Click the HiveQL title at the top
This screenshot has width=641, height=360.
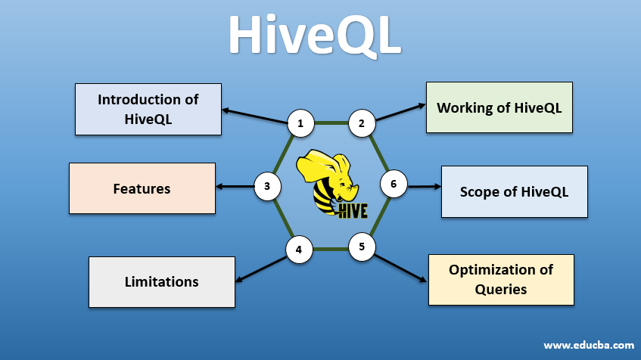click(315, 36)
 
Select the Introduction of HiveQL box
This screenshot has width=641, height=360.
click(148, 109)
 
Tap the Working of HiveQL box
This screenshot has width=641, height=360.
click(499, 107)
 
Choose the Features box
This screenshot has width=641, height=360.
click(142, 188)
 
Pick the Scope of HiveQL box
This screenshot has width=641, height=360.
click(515, 191)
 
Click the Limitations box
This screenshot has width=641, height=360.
click(162, 282)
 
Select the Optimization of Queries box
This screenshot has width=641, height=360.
click(501, 280)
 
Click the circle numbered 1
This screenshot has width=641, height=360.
click(301, 123)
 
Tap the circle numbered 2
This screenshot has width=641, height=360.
click(362, 123)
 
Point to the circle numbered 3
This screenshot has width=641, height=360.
click(267, 186)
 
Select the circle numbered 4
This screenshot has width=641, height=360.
click(299, 250)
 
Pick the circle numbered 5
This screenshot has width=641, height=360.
click(362, 247)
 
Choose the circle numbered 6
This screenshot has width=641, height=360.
click(394, 184)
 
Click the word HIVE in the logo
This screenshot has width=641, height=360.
click(353, 210)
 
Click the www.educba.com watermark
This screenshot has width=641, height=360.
click(589, 346)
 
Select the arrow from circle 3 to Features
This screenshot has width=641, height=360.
click(235, 186)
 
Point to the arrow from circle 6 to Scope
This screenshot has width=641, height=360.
click(425, 186)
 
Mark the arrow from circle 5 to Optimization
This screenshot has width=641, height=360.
click(400, 268)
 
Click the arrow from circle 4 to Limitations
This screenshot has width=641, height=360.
click(261, 269)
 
